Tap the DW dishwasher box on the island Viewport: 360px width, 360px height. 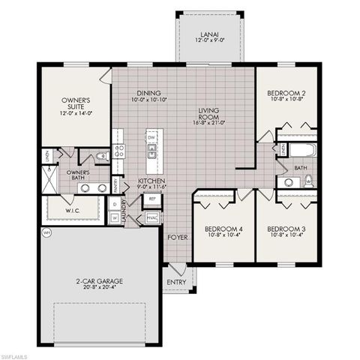tap(151, 138)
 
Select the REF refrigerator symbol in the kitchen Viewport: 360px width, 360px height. tap(152, 199)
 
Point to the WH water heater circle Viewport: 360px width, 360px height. tap(46, 233)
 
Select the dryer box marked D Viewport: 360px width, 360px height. tap(114, 203)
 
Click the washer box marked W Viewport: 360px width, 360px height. tap(114, 218)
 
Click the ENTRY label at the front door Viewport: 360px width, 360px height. tap(178, 282)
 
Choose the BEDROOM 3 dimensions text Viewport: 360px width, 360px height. tap(287, 235)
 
